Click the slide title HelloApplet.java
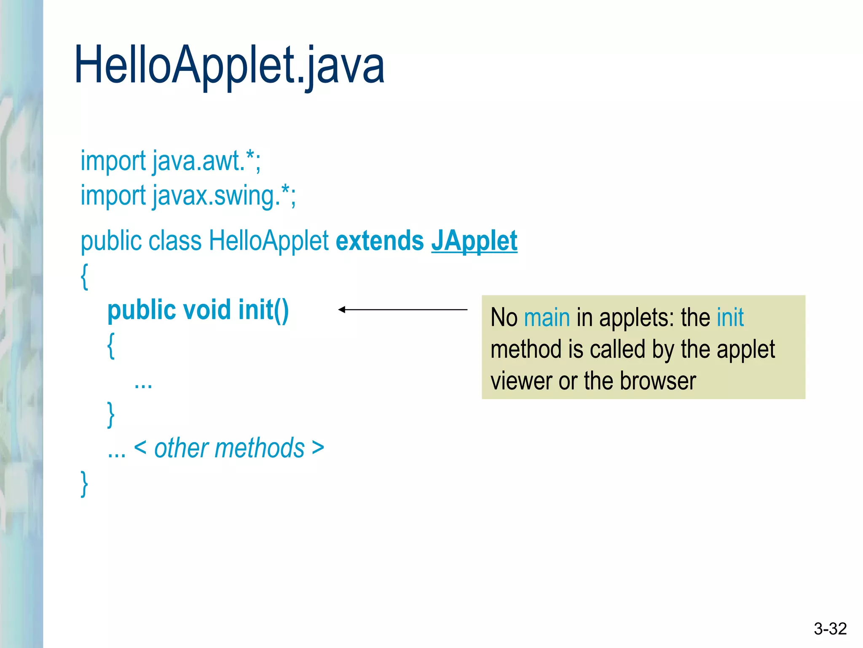coord(229,65)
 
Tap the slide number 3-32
coord(830,629)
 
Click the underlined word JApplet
coord(474,241)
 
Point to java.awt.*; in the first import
coord(206,161)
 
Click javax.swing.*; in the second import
coord(224,197)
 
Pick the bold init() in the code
coord(263,310)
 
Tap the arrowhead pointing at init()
coord(342,310)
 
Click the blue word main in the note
coord(547,318)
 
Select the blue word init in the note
coord(730,317)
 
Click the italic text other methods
coord(229,448)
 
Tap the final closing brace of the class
coord(84,483)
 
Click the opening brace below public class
coord(84,277)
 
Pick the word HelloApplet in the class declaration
coord(268,241)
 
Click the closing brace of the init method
coord(111,415)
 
